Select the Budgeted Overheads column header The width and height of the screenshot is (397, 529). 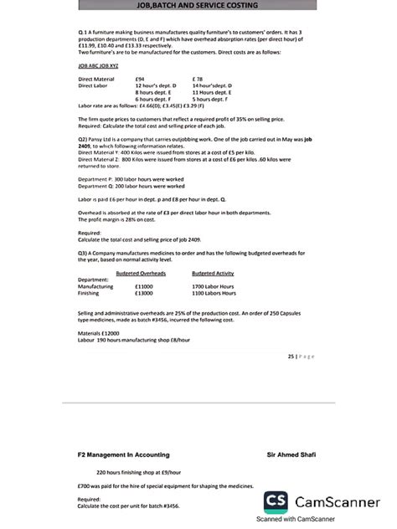click(x=141, y=273)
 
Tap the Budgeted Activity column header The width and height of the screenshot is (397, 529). click(x=213, y=273)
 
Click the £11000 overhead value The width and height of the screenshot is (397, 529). click(x=143, y=286)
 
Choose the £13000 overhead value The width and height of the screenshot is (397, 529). click(x=143, y=293)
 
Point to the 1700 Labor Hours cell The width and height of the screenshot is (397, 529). click(x=214, y=286)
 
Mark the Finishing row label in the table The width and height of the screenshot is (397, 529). click(x=90, y=293)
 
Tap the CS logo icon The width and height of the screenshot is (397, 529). click(x=277, y=501)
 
